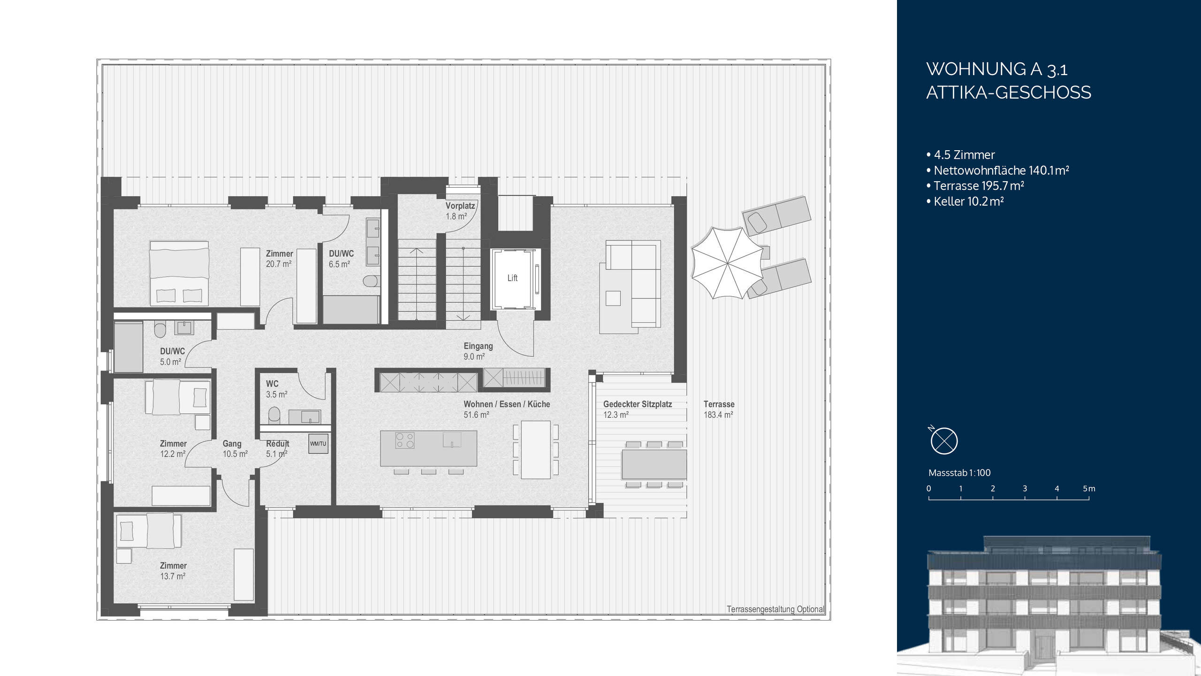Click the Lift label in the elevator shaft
pos(512,278)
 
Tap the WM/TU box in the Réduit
pos(318,444)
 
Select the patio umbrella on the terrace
pos(726,263)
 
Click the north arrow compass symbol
pos(943,441)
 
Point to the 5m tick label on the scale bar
pos(1088,489)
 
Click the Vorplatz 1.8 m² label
pos(460,211)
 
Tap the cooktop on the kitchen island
pos(405,440)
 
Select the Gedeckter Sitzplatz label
pos(637,404)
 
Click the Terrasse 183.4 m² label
pos(718,409)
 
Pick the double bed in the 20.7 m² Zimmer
pos(179,273)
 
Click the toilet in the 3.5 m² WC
pos(274,415)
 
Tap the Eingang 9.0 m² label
pos(478,351)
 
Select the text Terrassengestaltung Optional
pos(775,609)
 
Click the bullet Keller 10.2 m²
pos(968,201)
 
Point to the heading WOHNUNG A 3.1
pos(996,69)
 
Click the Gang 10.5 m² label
pos(235,449)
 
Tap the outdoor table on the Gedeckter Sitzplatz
pos(654,464)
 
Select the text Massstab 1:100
pos(959,473)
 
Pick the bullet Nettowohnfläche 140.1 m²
pos(1001,170)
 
